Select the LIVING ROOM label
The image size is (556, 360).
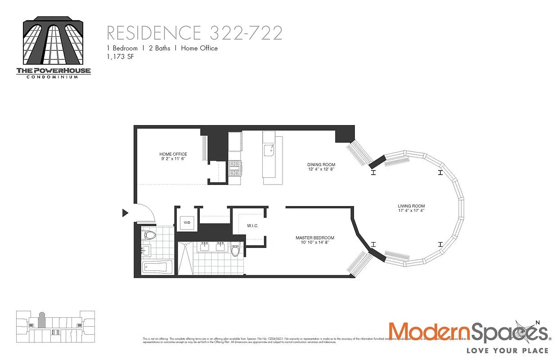point(411,208)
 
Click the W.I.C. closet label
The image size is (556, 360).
point(252,226)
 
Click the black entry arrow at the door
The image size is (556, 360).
point(126,213)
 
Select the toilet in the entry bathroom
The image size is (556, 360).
point(148,234)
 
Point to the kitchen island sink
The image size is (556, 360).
point(269,150)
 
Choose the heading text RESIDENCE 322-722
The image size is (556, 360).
point(194,33)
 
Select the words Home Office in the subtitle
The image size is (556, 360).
point(199,48)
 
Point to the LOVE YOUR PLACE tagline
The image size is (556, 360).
point(507,350)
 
